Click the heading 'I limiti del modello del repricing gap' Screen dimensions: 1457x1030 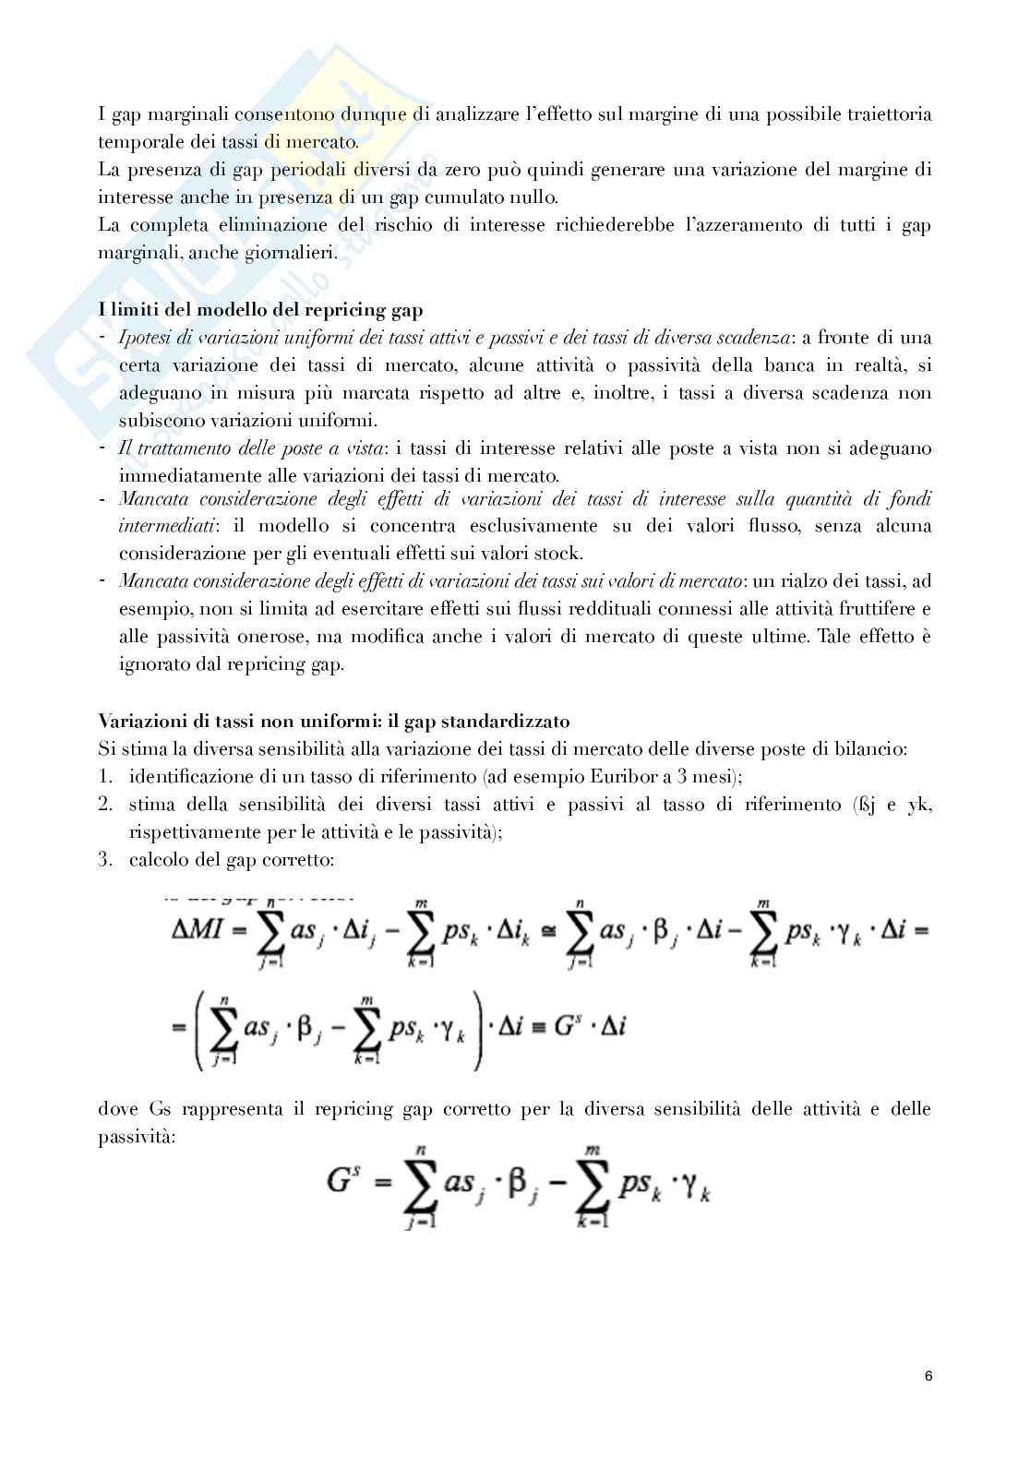(260, 310)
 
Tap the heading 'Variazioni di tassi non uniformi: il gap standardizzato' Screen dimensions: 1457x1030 (333, 721)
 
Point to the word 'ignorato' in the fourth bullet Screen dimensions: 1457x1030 (151, 664)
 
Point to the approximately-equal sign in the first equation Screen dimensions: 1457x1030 (550, 931)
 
